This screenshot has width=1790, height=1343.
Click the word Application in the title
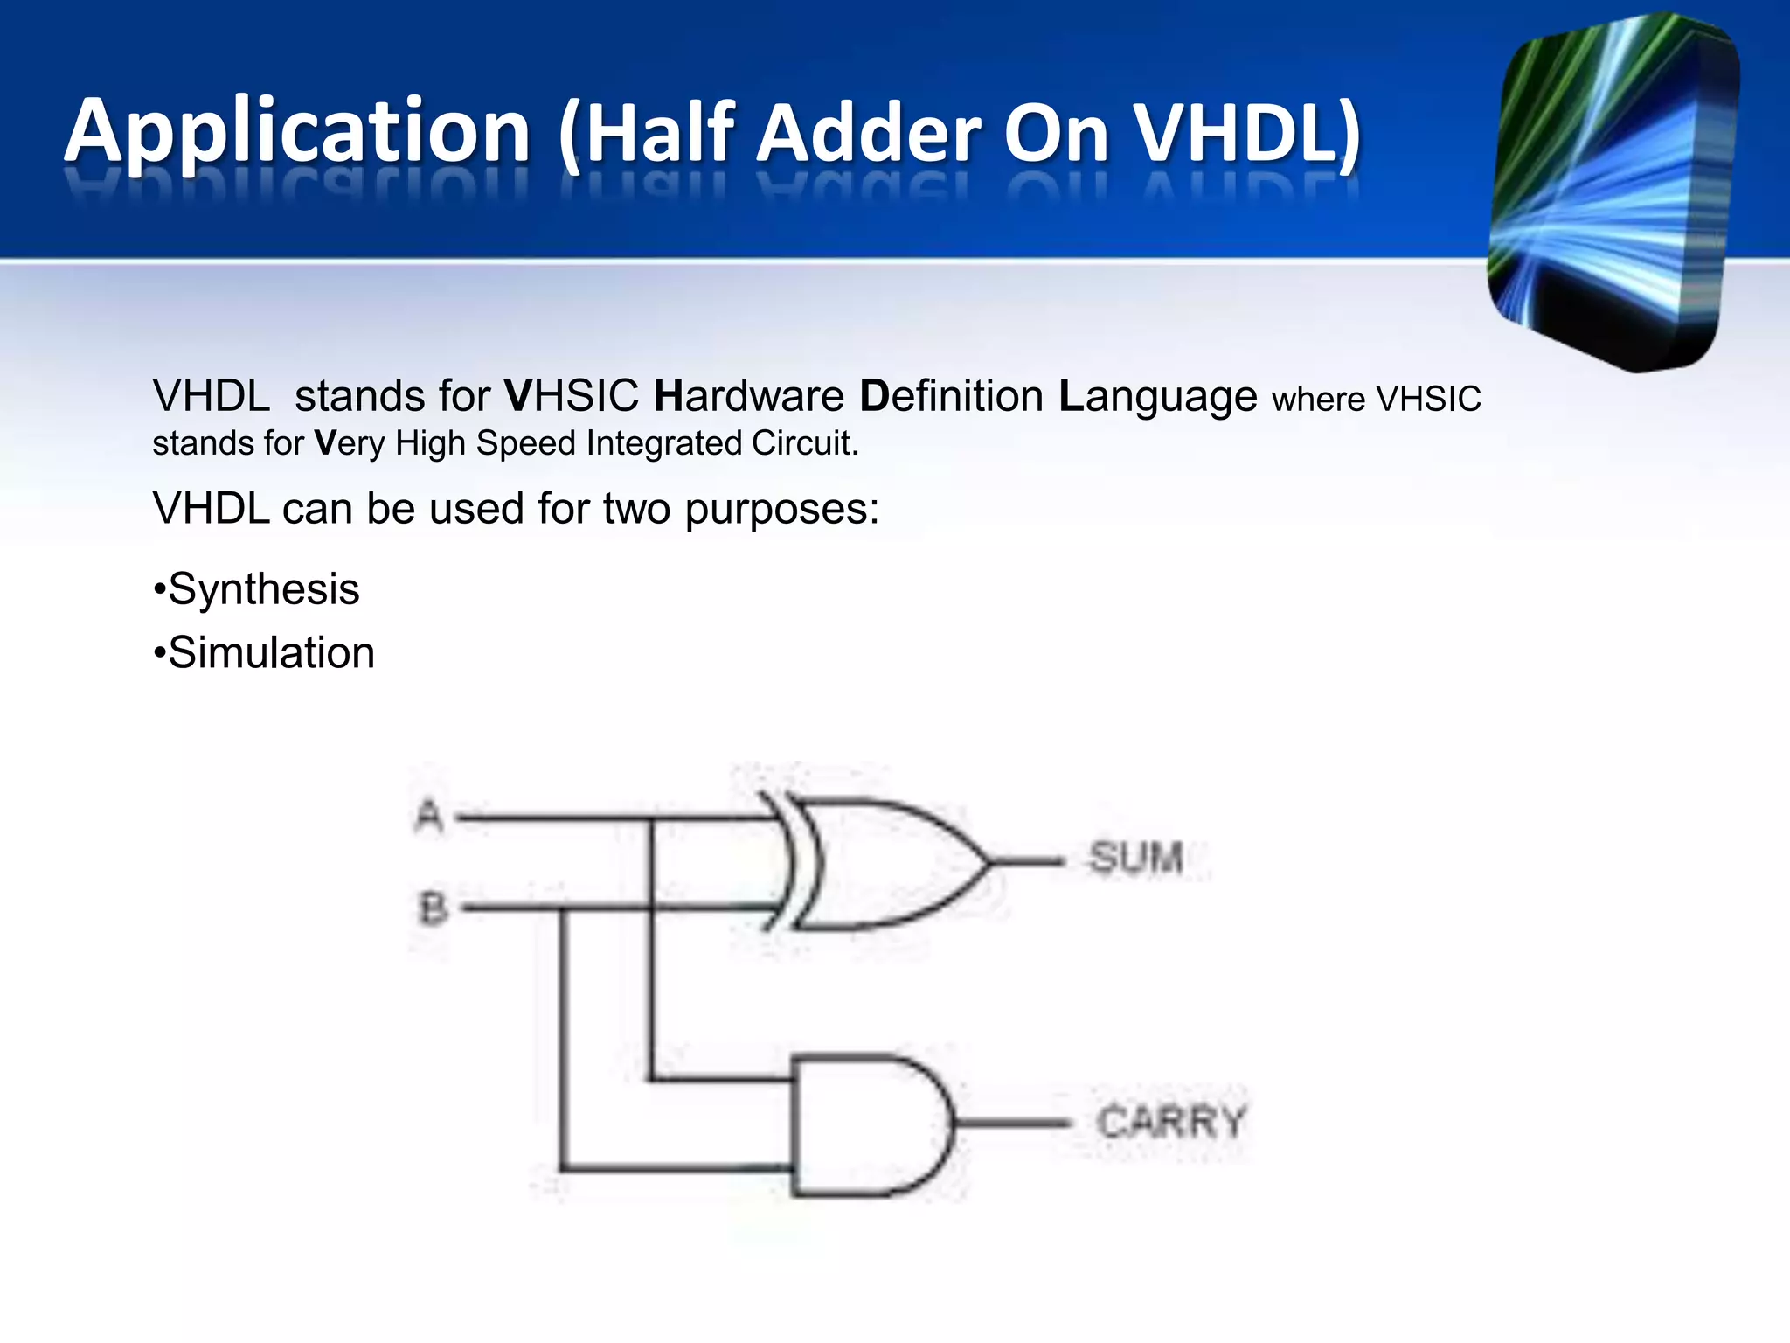tap(297, 133)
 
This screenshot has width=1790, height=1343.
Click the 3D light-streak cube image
tap(1613, 192)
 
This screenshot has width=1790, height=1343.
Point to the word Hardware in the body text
tap(748, 396)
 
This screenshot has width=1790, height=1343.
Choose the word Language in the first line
tap(1157, 398)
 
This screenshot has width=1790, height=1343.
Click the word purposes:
tap(781, 510)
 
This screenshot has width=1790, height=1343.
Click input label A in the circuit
tap(428, 817)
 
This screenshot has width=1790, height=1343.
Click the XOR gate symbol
tap(883, 862)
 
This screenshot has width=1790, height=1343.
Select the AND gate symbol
tap(865, 1125)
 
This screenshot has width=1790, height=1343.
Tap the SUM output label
tap(1135, 858)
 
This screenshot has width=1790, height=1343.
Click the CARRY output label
tap(1170, 1122)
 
